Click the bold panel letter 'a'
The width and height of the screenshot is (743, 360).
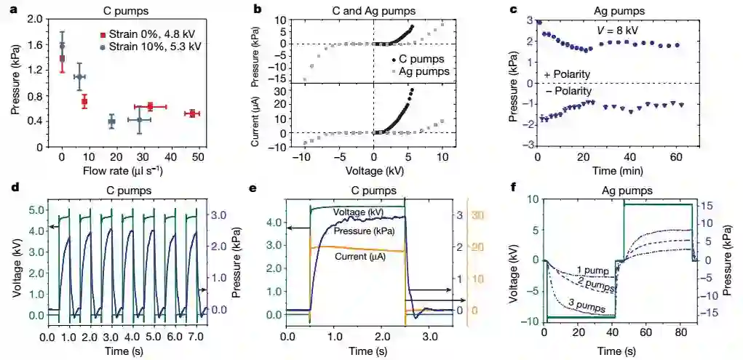tap(13, 10)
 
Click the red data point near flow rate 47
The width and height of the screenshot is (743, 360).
tap(191, 113)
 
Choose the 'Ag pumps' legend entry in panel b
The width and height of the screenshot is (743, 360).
tap(429, 73)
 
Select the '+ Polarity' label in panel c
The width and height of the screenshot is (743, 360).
tap(568, 75)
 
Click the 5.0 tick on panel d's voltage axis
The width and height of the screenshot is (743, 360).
tap(34, 211)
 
